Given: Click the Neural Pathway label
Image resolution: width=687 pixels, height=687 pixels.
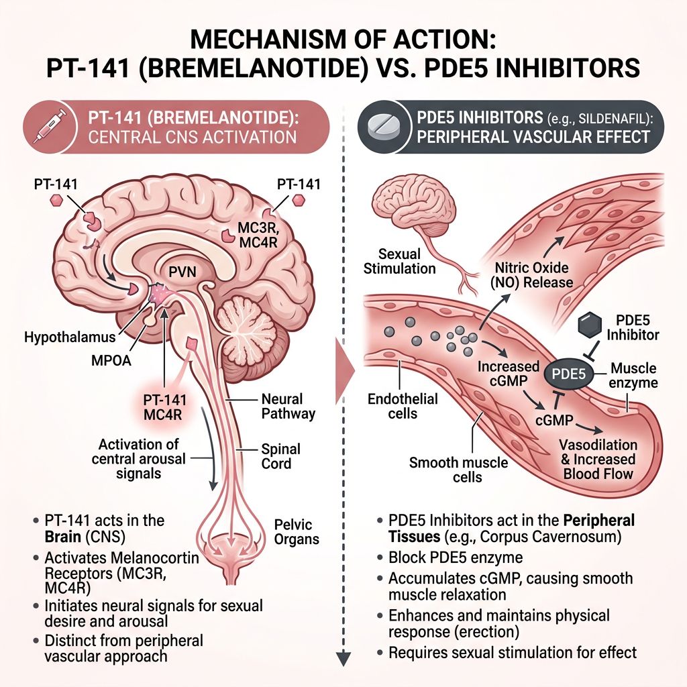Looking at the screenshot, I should [x=287, y=406].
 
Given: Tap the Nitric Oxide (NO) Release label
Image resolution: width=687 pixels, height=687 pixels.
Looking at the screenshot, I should [x=534, y=274].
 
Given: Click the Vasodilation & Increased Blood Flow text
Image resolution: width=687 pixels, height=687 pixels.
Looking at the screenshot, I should [x=598, y=460].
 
